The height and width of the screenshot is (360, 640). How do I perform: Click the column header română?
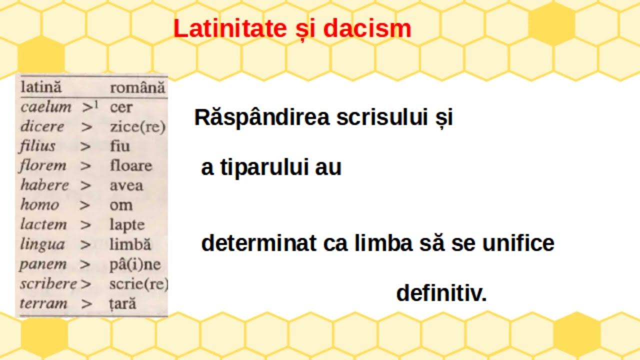(137, 88)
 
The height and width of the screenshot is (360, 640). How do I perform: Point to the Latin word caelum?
(46, 106)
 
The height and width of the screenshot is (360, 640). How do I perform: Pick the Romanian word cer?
(121, 107)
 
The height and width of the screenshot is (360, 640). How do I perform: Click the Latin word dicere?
(42, 126)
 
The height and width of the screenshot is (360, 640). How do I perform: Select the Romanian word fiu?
(119, 146)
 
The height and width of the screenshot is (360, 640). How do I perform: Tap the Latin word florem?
(43, 165)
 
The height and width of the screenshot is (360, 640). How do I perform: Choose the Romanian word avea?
(126, 185)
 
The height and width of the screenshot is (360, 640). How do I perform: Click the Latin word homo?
(39, 205)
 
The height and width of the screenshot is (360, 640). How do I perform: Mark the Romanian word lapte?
(127, 225)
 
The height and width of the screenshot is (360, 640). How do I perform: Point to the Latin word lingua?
(42, 244)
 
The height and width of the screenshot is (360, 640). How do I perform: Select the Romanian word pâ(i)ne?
(135, 264)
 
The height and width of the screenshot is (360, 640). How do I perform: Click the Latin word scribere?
(48, 284)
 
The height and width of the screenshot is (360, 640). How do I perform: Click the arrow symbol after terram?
(86, 303)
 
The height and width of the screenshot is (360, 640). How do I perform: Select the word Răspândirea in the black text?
(262, 117)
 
